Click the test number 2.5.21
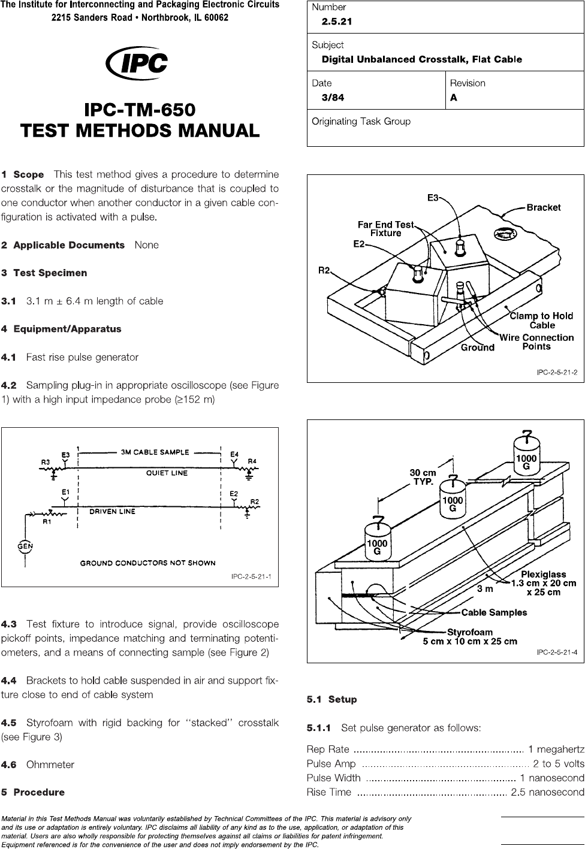[336, 22]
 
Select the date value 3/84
[333, 98]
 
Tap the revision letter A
[454, 98]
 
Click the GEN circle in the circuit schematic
[25, 546]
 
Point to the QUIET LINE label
[167, 473]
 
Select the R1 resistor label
[47, 521]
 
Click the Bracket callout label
[543, 208]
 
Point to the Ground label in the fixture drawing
[477, 348]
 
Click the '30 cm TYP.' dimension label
[423, 477]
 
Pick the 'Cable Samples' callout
[494, 612]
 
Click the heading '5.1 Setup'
[331, 699]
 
